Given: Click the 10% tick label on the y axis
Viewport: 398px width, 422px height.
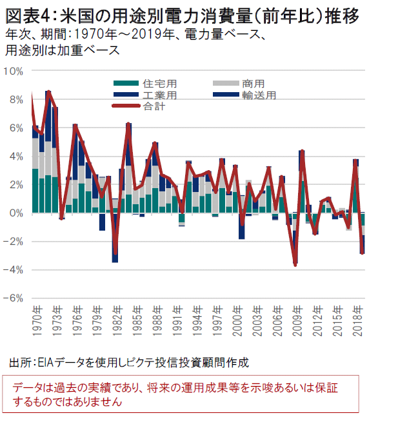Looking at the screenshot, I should pyautogui.click(x=14, y=70).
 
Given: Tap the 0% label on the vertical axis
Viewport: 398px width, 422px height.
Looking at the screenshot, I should pyautogui.click(x=16, y=213).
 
